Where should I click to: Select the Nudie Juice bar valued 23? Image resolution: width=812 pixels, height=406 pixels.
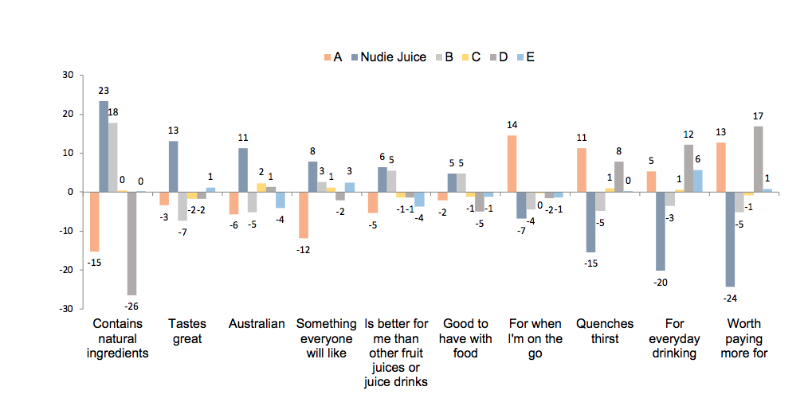(x=104, y=146)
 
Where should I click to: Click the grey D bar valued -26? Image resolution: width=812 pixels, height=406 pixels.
(x=132, y=243)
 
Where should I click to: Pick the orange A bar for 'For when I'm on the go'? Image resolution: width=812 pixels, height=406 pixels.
(x=512, y=164)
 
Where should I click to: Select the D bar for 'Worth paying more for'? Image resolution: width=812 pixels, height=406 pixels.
(x=758, y=159)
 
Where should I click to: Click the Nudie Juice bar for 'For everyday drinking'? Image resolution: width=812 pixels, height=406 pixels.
(x=661, y=231)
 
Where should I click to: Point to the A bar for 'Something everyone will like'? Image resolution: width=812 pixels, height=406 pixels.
(x=303, y=215)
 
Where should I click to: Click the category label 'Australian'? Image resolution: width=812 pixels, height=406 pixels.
(x=257, y=324)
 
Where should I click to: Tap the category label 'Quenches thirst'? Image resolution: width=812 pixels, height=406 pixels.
(x=605, y=330)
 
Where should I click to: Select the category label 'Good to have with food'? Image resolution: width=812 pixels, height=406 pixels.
(x=465, y=338)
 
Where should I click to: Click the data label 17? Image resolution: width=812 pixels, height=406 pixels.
(x=758, y=116)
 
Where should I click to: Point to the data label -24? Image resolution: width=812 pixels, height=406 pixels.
(x=730, y=298)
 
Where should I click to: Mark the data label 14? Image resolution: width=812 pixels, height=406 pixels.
(x=512, y=125)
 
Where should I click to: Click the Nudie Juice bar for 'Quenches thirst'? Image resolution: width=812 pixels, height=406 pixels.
(x=590, y=221)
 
